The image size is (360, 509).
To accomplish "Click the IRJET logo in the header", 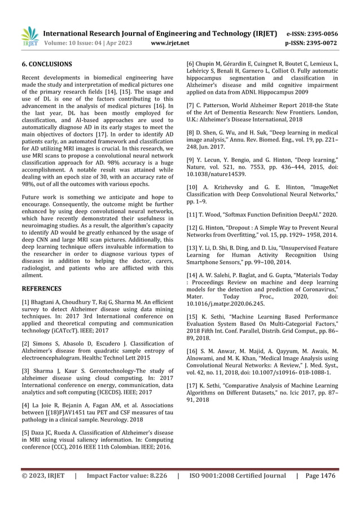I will [x=29, y=36].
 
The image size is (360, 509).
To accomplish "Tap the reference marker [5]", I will [x=26, y=433].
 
